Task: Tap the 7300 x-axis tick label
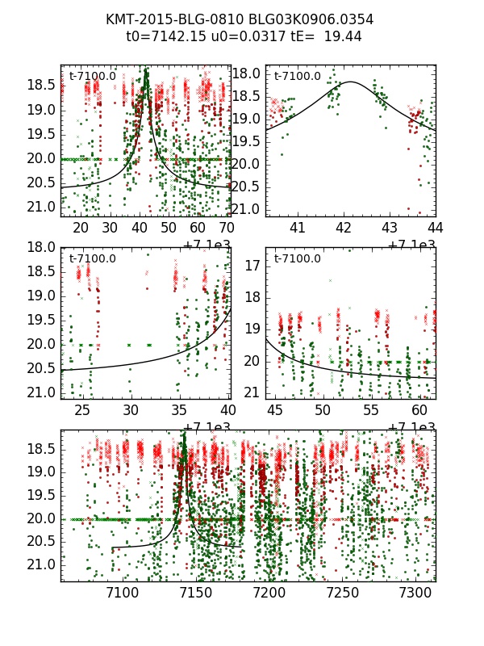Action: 416,594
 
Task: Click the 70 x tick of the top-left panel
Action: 228,228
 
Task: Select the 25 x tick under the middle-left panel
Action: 82,411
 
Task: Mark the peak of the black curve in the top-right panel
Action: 351,82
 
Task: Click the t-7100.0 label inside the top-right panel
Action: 297,77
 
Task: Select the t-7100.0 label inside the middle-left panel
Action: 92,258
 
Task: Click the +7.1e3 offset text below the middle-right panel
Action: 411,427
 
